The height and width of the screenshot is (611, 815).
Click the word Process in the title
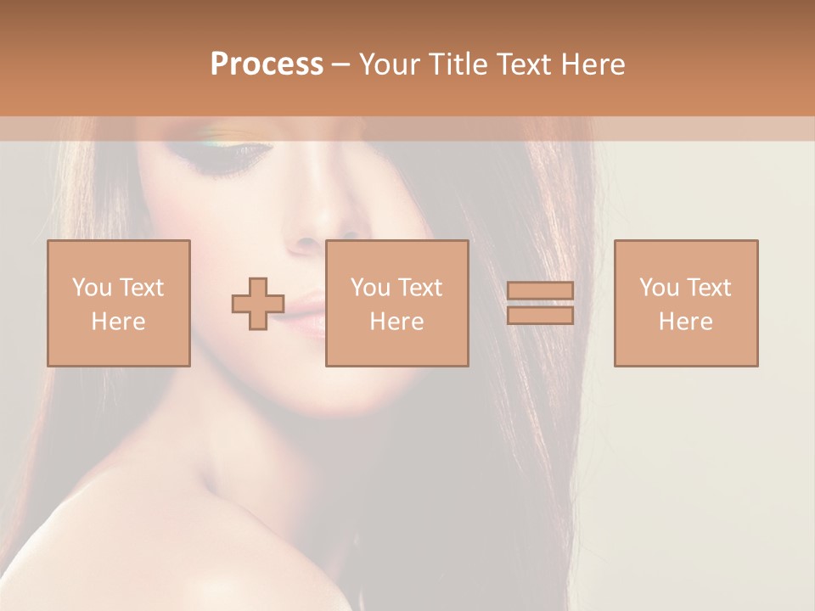267,64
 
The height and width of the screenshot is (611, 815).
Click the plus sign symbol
258,304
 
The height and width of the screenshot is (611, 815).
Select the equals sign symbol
540,303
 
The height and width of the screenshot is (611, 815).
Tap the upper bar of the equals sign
540,291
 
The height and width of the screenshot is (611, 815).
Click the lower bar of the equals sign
540,315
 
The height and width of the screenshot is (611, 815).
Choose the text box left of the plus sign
119,303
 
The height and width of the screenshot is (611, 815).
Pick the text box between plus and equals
397,303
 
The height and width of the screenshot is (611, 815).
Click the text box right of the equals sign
686,303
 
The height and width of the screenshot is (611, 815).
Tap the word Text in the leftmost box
141,288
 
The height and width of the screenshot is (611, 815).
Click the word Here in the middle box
397,321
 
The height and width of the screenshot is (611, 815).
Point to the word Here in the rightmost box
686,321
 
